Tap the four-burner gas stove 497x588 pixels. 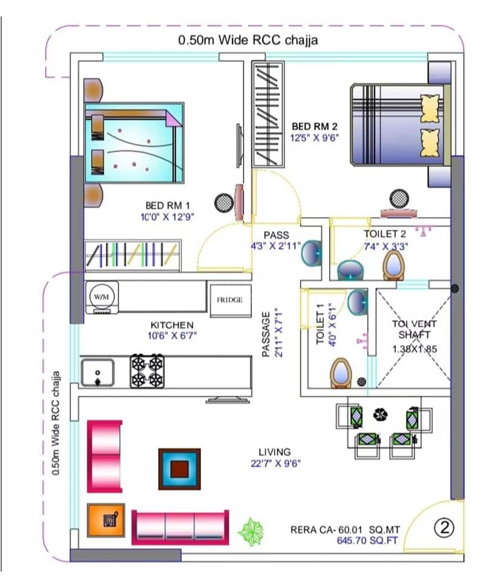(147, 371)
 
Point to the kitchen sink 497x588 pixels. (97, 372)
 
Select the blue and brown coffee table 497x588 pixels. (179, 469)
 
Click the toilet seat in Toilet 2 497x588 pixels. (394, 264)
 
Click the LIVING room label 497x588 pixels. (274, 452)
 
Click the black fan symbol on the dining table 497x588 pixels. (380, 414)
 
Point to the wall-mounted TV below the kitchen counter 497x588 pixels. (228, 399)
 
